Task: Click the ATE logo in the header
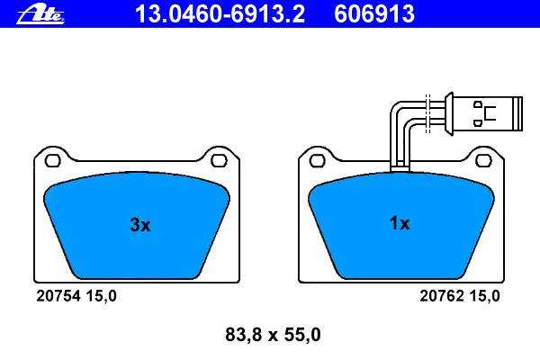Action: click(40, 14)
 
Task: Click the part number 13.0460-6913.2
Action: click(220, 14)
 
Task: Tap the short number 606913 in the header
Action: click(374, 14)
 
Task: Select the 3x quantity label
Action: click(140, 225)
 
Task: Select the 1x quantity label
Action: click(400, 223)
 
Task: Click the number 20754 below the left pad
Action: click(58, 296)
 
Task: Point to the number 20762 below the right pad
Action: click(441, 296)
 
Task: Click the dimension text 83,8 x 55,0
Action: click(273, 335)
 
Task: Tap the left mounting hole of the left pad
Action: click(53, 160)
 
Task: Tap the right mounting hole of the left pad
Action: click(219, 160)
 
